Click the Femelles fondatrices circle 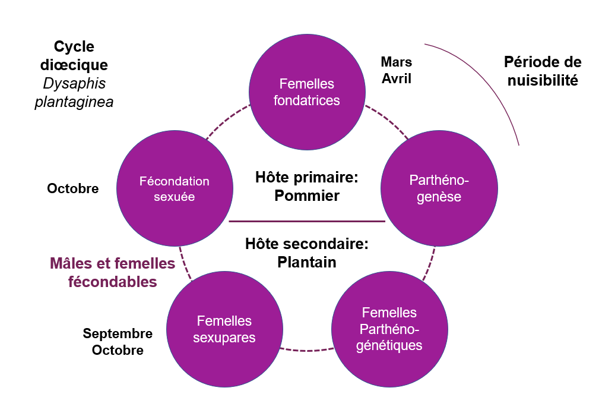pyautogui.click(x=307, y=92)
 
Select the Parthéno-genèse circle pyautogui.click(x=439, y=188)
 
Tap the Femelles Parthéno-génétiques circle pyautogui.click(x=389, y=329)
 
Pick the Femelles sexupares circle pyautogui.click(x=224, y=329)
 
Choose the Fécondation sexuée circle pyautogui.click(x=174, y=188)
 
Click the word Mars pyautogui.click(x=396, y=62)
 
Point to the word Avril pyautogui.click(x=396, y=78)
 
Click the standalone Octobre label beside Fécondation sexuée pyautogui.click(x=72, y=188)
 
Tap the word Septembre pyautogui.click(x=118, y=333)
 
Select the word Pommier pyautogui.click(x=307, y=196)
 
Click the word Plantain pyautogui.click(x=307, y=261)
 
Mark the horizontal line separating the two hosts pyautogui.click(x=307, y=221)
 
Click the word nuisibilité pyautogui.click(x=543, y=80)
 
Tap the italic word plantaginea pyautogui.click(x=74, y=102)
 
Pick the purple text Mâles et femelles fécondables pyautogui.click(x=112, y=272)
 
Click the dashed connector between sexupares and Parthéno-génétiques pyautogui.click(x=306, y=348)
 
